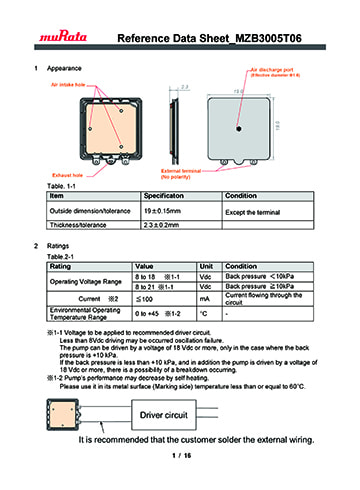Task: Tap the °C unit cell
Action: pyautogui.click(x=204, y=314)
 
